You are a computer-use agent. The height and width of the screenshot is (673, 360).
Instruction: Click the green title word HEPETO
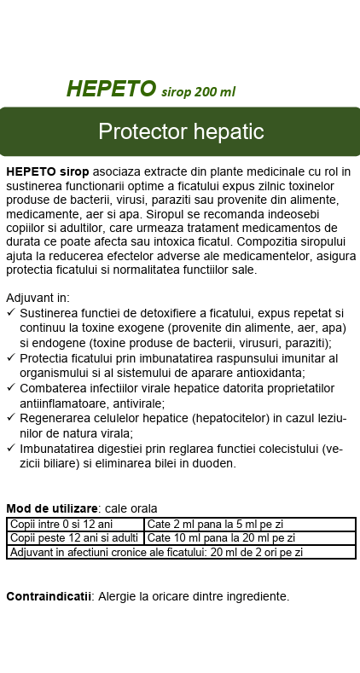[111, 90]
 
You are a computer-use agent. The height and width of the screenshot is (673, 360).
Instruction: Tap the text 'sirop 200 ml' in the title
[198, 91]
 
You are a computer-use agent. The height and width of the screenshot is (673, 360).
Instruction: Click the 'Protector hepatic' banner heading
[180, 132]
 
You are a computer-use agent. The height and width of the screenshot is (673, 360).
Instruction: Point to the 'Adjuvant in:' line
[38, 299]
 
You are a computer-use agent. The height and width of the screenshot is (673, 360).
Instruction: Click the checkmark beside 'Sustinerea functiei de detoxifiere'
[10, 313]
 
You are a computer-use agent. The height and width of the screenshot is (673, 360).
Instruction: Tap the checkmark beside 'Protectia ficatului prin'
[10, 357]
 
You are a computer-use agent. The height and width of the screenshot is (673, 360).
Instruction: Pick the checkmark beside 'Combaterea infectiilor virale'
[10, 387]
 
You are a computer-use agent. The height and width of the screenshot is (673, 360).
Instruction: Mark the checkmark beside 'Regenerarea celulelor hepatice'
[10, 417]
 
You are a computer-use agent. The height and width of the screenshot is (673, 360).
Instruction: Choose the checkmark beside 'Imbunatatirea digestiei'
[10, 448]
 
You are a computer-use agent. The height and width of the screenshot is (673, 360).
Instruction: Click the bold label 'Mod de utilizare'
[52, 508]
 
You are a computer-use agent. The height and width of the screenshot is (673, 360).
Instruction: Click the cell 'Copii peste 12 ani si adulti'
[74, 538]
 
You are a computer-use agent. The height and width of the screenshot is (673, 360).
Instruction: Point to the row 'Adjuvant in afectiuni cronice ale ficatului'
[156, 552]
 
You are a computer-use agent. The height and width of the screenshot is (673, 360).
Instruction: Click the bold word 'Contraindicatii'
[49, 596]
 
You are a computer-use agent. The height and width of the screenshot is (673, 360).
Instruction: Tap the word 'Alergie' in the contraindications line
[119, 596]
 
